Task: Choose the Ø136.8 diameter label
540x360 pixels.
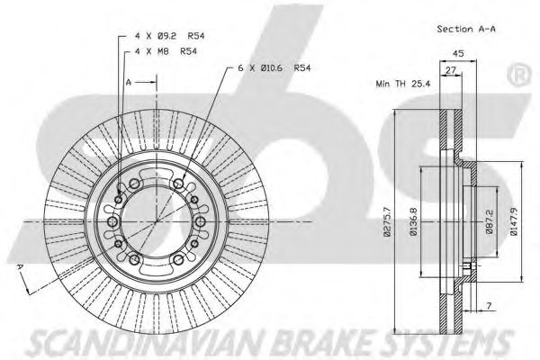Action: tap(413, 221)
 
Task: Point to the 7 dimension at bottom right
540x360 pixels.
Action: tap(490, 307)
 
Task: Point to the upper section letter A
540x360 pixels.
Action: tap(129, 81)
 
